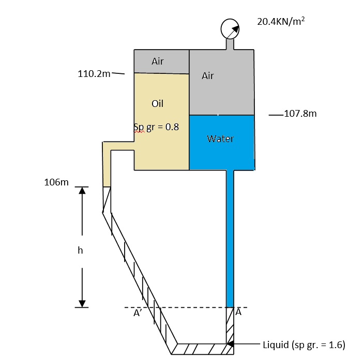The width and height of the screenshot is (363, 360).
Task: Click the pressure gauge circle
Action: tap(230, 29)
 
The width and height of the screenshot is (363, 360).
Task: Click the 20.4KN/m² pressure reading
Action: tap(279, 21)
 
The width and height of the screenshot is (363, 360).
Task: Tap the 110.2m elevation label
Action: tap(94, 73)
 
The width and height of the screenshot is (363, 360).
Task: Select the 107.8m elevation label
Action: tap(300, 114)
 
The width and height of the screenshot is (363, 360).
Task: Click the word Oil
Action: tap(158, 103)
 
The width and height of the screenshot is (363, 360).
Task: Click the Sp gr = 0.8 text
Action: tap(156, 127)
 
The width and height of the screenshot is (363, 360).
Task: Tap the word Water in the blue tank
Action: tap(220, 138)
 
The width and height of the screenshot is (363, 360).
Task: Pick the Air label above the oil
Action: tap(158, 61)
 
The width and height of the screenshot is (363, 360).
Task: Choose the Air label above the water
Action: tap(208, 76)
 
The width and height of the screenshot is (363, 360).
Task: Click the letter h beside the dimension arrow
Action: tap(80, 250)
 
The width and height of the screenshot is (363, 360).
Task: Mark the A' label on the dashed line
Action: tap(137, 313)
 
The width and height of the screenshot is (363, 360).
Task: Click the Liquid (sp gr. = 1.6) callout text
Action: tap(304, 345)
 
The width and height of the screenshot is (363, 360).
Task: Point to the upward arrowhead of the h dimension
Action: tap(82, 191)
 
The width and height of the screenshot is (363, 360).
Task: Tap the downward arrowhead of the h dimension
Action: tap(82, 303)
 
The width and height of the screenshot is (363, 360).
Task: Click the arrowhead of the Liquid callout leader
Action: tap(231, 343)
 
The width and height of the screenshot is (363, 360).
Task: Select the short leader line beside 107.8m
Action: tap(276, 114)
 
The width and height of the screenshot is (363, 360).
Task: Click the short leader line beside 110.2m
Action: tap(118, 73)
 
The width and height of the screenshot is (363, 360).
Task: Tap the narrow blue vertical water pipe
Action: tap(230, 238)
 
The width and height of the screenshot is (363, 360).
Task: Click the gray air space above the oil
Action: tap(162, 61)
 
